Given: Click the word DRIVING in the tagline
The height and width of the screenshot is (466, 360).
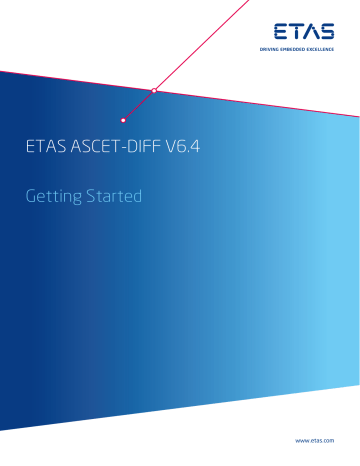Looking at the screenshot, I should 270,47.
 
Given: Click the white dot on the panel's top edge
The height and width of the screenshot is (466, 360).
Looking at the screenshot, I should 154,91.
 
